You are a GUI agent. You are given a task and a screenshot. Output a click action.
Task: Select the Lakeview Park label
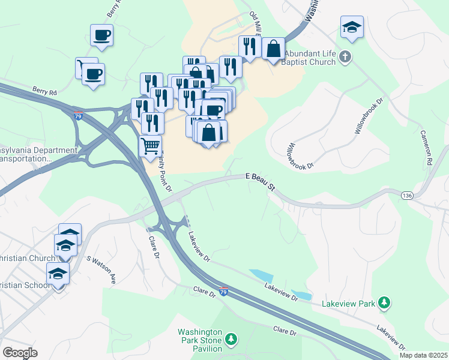(348, 304)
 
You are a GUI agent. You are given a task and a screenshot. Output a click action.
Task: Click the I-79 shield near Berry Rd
(78, 116)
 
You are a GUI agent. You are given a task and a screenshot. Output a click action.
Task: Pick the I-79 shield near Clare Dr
(223, 292)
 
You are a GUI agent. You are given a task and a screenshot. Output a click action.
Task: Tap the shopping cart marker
(150, 145)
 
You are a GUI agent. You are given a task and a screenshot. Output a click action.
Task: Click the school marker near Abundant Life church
(352, 26)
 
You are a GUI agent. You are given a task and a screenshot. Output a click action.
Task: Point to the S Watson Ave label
(100, 268)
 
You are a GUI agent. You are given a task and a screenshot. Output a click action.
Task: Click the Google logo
(20, 353)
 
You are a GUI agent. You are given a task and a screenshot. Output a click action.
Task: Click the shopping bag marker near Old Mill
(273, 48)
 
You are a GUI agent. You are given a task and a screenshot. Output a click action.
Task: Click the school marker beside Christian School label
(58, 274)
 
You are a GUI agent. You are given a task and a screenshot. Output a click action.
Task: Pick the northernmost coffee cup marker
(101, 34)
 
